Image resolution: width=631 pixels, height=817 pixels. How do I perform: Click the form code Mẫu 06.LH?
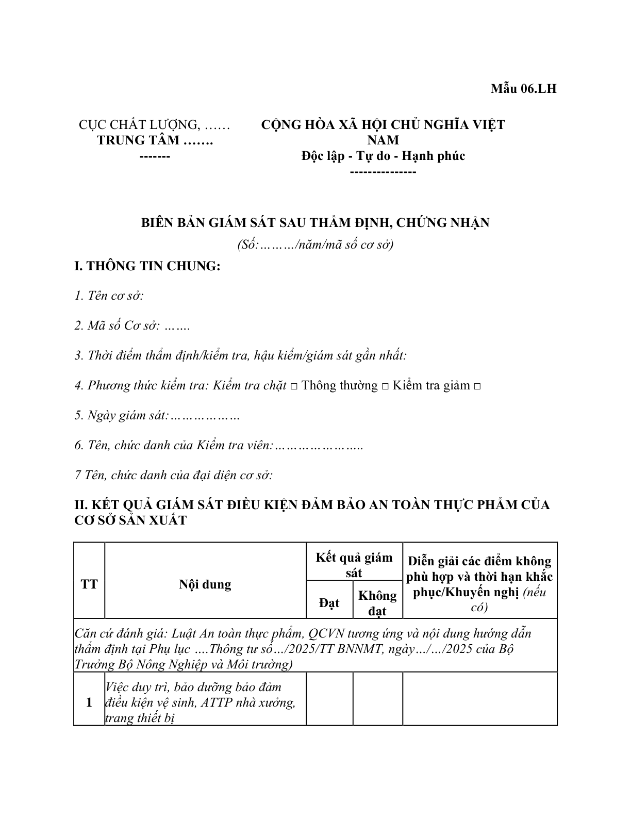523,89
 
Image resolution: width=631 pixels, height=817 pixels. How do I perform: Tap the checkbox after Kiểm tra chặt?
293,386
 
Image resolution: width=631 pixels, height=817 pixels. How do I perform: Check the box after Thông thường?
385,386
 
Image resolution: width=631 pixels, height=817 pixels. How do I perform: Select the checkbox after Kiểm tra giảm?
477,386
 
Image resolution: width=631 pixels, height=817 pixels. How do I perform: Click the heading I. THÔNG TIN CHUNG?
147,267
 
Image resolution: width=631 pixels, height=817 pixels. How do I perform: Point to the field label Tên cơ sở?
109,296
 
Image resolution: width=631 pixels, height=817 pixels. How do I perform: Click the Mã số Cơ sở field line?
132,326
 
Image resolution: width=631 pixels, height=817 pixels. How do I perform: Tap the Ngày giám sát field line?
157,416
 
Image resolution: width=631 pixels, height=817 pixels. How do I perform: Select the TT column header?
89,584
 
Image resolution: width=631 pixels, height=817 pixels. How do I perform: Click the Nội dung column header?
205,584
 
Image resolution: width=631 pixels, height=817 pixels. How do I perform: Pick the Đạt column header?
329,602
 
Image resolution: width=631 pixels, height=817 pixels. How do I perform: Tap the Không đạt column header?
377,603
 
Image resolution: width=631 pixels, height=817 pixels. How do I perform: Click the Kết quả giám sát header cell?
354,565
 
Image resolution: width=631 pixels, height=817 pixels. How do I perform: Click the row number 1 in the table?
89,702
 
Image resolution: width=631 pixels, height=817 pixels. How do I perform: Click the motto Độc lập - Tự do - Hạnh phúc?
383,156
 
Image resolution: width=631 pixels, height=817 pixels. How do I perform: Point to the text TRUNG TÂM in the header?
155,140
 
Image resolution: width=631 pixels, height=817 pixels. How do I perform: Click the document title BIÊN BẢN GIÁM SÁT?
315,223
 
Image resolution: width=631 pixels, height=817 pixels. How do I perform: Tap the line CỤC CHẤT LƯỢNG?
154,125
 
